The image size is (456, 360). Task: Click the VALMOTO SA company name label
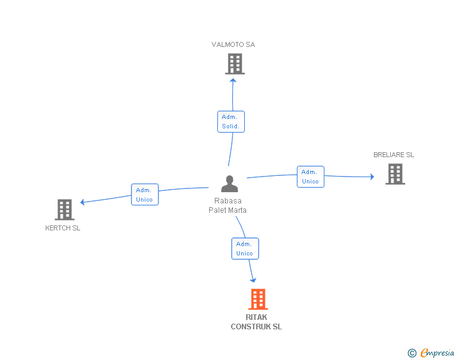click(233, 44)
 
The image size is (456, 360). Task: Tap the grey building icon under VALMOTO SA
click(235, 64)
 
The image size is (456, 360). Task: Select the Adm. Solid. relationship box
click(231, 121)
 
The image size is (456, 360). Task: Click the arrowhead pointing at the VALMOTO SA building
click(233, 80)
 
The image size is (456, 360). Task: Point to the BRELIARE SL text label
click(393, 155)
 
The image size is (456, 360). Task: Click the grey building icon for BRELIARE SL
click(395, 174)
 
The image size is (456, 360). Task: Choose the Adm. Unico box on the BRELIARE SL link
click(310, 177)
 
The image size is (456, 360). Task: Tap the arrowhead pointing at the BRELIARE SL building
click(372, 177)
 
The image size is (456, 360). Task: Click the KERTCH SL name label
click(63, 228)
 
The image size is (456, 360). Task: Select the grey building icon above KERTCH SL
click(65, 210)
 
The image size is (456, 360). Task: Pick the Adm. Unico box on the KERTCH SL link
click(145, 194)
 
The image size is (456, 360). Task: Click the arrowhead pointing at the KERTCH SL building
click(82, 202)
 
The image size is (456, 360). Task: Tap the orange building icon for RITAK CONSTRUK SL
click(258, 299)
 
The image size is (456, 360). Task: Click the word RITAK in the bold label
click(256, 317)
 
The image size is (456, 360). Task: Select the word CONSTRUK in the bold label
click(251, 327)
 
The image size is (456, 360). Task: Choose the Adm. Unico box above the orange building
click(245, 249)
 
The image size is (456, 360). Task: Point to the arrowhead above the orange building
click(253, 280)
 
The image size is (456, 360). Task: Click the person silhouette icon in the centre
click(229, 184)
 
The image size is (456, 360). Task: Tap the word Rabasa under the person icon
click(228, 200)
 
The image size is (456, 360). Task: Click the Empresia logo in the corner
click(431, 352)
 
